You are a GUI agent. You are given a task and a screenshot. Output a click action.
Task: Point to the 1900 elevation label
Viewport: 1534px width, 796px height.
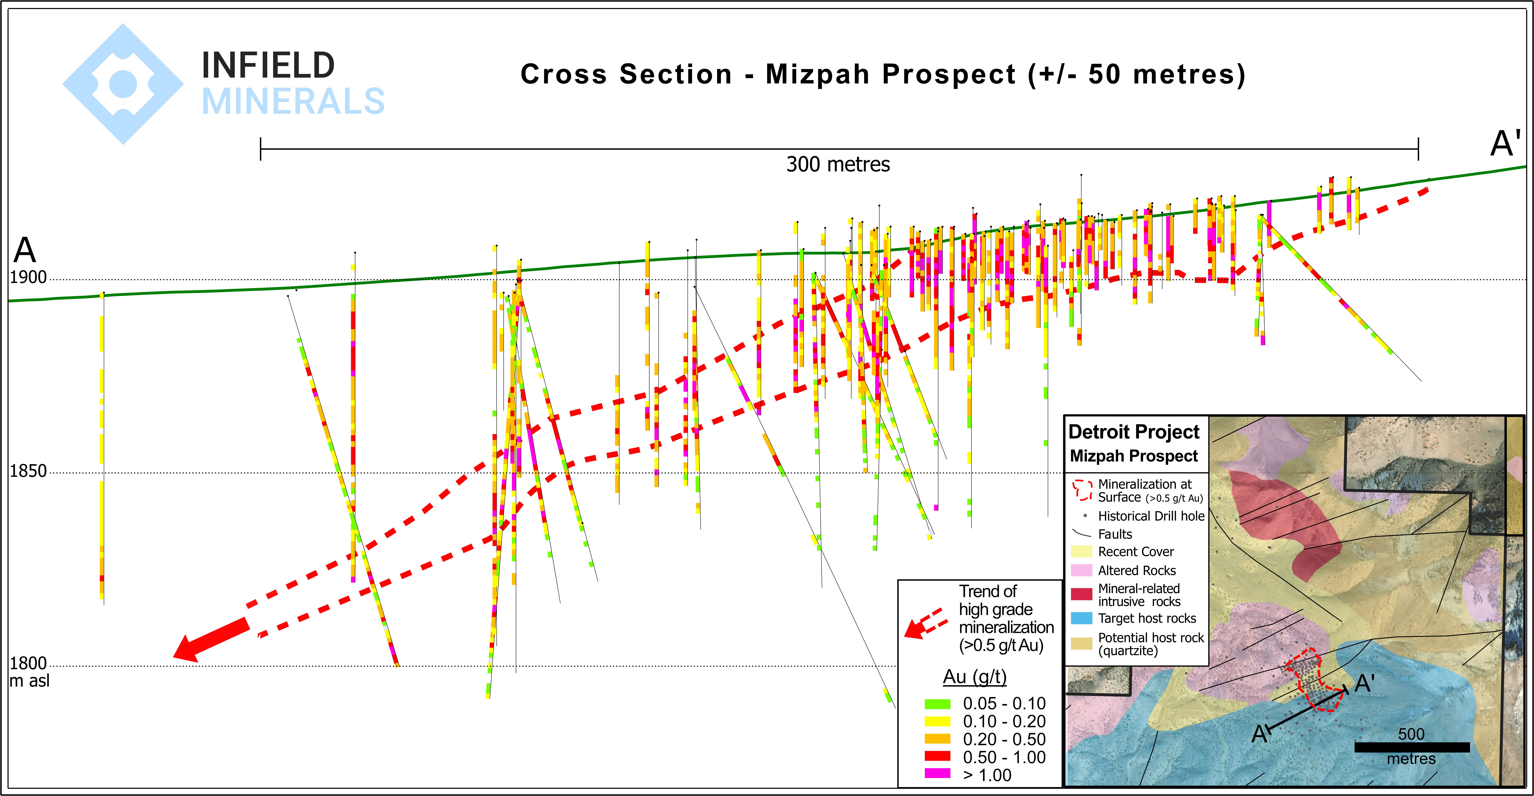pos(28,278)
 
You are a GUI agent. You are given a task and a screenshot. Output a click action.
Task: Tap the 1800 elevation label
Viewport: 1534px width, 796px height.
pos(28,663)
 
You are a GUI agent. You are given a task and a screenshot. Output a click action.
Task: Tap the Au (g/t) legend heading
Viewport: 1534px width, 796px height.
pos(975,677)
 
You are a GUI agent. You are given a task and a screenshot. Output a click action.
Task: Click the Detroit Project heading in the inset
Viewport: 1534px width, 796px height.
pos(1133,432)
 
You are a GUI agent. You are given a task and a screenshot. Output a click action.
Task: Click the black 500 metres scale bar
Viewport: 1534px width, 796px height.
pos(1411,747)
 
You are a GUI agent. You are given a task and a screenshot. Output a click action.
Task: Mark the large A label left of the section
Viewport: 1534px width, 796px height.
pos(25,250)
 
